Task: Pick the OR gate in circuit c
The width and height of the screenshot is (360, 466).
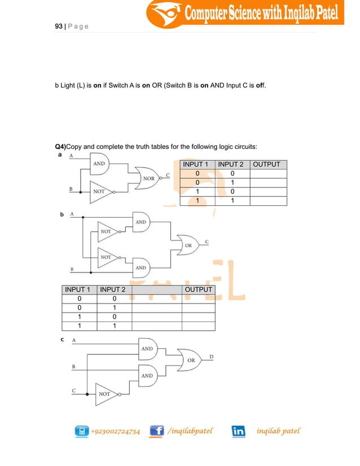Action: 190,359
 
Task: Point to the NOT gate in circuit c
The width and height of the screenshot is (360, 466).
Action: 105,393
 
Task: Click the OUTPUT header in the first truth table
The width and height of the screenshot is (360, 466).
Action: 267,164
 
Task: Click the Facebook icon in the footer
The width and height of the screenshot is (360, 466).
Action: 156,432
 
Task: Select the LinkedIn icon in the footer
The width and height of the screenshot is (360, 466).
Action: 239,432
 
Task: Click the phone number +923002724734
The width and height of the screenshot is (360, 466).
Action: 115,432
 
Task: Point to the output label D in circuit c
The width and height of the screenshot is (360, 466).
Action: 212,356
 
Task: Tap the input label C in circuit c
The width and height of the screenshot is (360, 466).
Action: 73,389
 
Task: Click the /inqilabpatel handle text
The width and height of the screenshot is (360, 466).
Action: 191,432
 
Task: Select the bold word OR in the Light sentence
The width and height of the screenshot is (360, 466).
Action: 150,86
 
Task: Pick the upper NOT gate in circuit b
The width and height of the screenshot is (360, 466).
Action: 106,230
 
